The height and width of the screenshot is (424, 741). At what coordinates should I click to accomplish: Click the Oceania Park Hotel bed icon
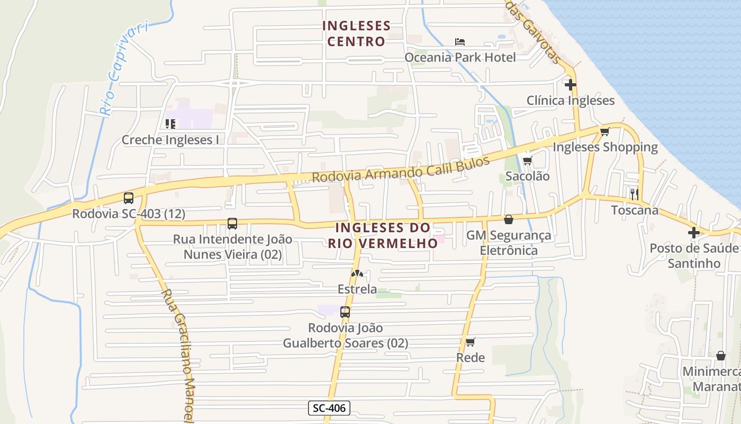[x=460, y=42]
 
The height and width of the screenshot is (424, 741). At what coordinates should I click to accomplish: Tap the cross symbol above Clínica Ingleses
[x=570, y=84]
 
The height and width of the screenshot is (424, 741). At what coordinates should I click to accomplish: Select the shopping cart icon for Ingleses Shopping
[x=604, y=131]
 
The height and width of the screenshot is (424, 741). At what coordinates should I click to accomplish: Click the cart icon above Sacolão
[x=527, y=161]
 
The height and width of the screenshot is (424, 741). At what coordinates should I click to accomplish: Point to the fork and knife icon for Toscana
[x=634, y=194]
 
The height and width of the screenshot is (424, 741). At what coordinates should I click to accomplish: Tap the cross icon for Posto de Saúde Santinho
[x=693, y=232]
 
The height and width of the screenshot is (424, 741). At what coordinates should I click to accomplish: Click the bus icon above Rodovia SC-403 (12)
[x=129, y=198]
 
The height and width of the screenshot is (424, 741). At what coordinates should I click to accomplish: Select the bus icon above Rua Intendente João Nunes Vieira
[x=232, y=224]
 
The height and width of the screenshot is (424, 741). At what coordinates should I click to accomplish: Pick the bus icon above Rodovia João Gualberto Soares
[x=345, y=312]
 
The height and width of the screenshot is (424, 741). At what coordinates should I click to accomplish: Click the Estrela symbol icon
[x=357, y=274]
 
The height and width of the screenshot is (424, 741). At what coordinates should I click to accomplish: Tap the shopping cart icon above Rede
[x=470, y=342]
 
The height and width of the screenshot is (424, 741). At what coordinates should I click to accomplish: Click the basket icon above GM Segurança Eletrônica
[x=509, y=219]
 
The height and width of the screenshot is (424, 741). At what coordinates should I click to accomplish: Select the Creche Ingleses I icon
[x=170, y=124]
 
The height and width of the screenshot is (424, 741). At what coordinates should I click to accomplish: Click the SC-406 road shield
[x=329, y=408]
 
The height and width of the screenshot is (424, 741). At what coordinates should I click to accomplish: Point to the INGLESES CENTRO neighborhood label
[x=356, y=33]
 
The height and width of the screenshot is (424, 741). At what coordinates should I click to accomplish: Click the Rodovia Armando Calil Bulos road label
[x=401, y=170]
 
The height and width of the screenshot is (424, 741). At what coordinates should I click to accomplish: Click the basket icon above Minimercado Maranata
[x=720, y=355]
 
